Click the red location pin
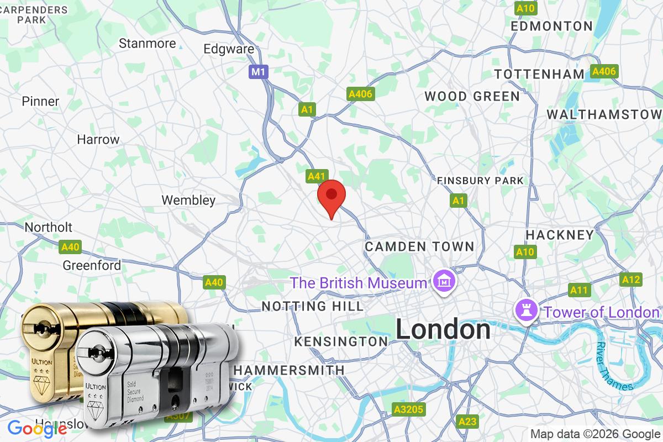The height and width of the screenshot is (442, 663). pyautogui.click(x=331, y=197)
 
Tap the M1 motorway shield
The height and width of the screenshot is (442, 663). pyautogui.click(x=257, y=72)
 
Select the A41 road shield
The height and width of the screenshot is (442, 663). pyautogui.click(x=316, y=176)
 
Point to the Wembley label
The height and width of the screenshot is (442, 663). pyautogui.click(x=188, y=200)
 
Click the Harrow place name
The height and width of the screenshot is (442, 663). pyautogui.click(x=98, y=139)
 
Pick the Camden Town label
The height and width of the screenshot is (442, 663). pyautogui.click(x=419, y=246)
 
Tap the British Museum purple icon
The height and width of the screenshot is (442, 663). pyautogui.click(x=444, y=283)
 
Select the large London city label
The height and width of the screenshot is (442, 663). pyautogui.click(x=443, y=330)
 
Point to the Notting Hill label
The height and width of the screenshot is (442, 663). pyautogui.click(x=313, y=306)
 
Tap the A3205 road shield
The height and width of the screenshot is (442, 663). pyautogui.click(x=408, y=409)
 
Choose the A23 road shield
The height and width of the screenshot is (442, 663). pyautogui.click(x=467, y=422)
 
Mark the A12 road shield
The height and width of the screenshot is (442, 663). pyautogui.click(x=630, y=280)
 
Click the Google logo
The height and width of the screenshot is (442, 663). pyautogui.click(x=37, y=428)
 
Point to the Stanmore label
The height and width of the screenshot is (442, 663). pyautogui.click(x=148, y=43)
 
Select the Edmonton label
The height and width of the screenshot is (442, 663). pyautogui.click(x=551, y=26)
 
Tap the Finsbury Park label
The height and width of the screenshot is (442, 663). pyautogui.click(x=480, y=181)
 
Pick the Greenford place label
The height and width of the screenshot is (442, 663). pyautogui.click(x=92, y=265)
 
